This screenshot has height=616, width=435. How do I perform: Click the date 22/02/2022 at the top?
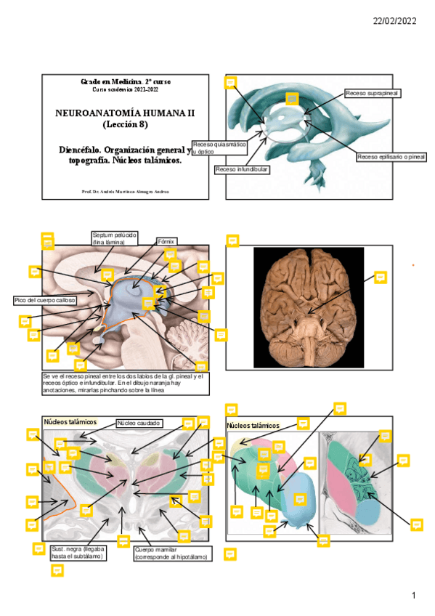(394, 22)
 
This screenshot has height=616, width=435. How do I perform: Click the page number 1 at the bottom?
(413, 596)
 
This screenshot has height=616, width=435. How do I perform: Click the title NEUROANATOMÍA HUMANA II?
(125, 114)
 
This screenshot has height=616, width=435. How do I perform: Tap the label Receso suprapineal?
(373, 94)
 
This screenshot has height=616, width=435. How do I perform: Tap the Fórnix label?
(167, 240)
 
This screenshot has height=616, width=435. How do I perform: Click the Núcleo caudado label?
(139, 422)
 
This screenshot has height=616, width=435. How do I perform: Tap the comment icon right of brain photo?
(379, 277)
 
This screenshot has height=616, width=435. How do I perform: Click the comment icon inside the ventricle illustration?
(292, 98)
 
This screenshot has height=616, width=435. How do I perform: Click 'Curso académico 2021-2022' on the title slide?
(125, 89)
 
